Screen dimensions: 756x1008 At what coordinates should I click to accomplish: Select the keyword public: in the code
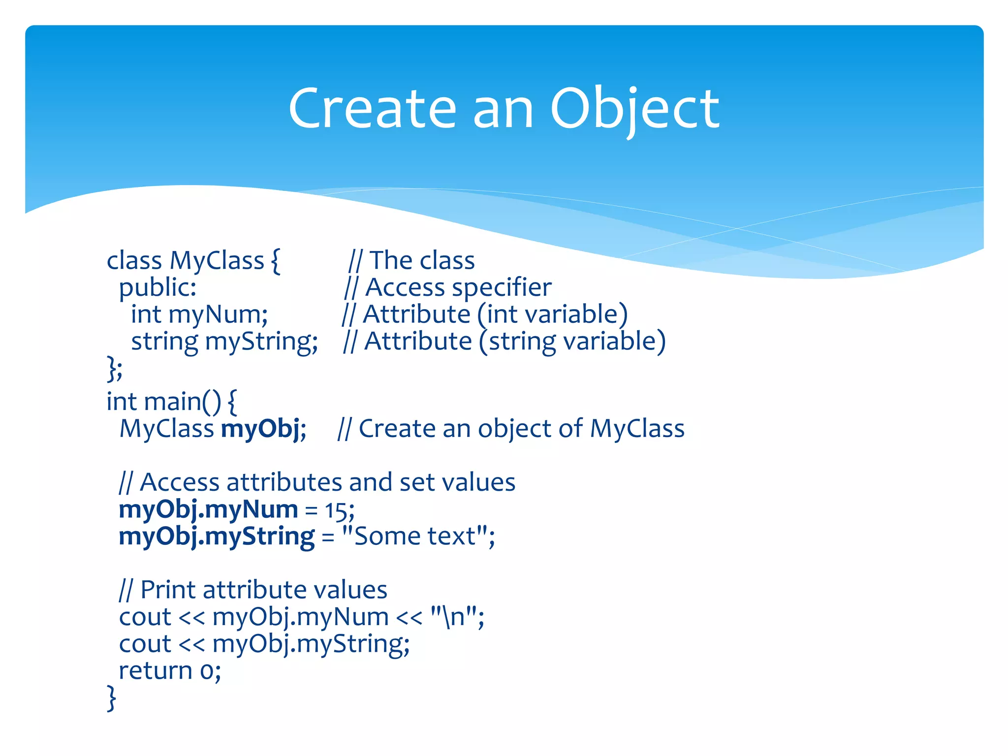(157, 287)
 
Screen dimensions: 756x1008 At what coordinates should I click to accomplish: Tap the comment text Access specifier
(458, 287)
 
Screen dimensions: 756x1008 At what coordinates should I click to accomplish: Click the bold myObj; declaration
(263, 429)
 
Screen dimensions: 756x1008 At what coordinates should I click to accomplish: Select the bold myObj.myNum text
(208, 510)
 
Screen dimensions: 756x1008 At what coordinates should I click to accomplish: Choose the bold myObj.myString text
(217, 537)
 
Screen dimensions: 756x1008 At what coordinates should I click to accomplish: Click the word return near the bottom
(155, 671)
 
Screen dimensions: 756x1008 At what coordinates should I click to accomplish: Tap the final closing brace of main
(112, 698)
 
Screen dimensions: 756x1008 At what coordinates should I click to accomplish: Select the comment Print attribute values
(263, 590)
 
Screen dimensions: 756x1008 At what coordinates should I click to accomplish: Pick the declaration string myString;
(224, 342)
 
